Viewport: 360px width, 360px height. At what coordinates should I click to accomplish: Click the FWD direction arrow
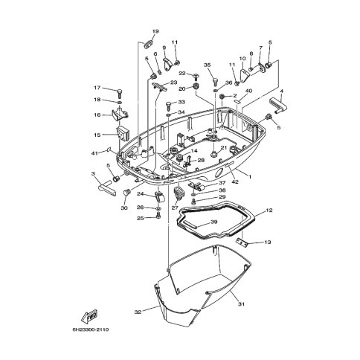click(x=89, y=315)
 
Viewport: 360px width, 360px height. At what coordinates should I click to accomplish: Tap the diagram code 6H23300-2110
click(x=91, y=330)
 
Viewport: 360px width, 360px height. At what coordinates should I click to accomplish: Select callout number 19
click(x=155, y=31)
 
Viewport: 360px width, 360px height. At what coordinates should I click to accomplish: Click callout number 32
click(x=138, y=312)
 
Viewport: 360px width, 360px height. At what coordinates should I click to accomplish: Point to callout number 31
click(x=241, y=304)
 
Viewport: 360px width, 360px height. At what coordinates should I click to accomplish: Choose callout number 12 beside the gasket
click(x=269, y=210)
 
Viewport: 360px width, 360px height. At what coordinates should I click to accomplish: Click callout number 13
click(x=268, y=242)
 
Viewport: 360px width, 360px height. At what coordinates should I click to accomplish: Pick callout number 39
click(x=213, y=222)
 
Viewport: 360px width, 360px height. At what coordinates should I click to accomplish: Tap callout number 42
click(x=235, y=181)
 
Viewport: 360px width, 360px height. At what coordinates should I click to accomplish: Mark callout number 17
click(x=97, y=88)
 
